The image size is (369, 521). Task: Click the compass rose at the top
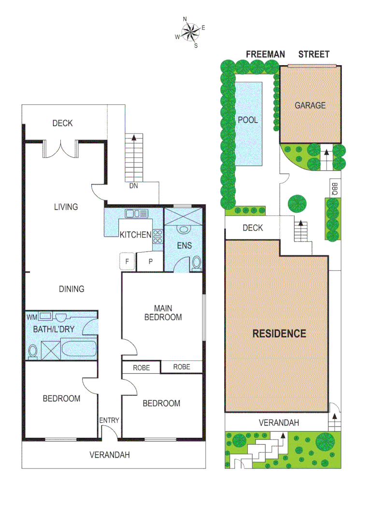pos(189,32)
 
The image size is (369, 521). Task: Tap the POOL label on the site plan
pos(248,120)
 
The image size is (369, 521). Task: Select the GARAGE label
pos(310,105)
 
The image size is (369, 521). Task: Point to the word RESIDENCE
pos(279,333)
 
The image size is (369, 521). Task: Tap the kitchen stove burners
pos(157,235)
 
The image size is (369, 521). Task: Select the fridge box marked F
pos(127,261)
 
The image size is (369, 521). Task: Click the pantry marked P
pos(150,262)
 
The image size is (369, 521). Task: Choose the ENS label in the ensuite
pos(184,246)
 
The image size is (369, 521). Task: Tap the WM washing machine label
pos(32,317)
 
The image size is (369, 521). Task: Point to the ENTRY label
pos(109,420)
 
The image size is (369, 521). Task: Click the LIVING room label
pos(66,207)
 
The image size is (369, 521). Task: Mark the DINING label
pos(71,289)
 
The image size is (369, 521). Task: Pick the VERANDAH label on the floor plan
pos(110,454)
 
